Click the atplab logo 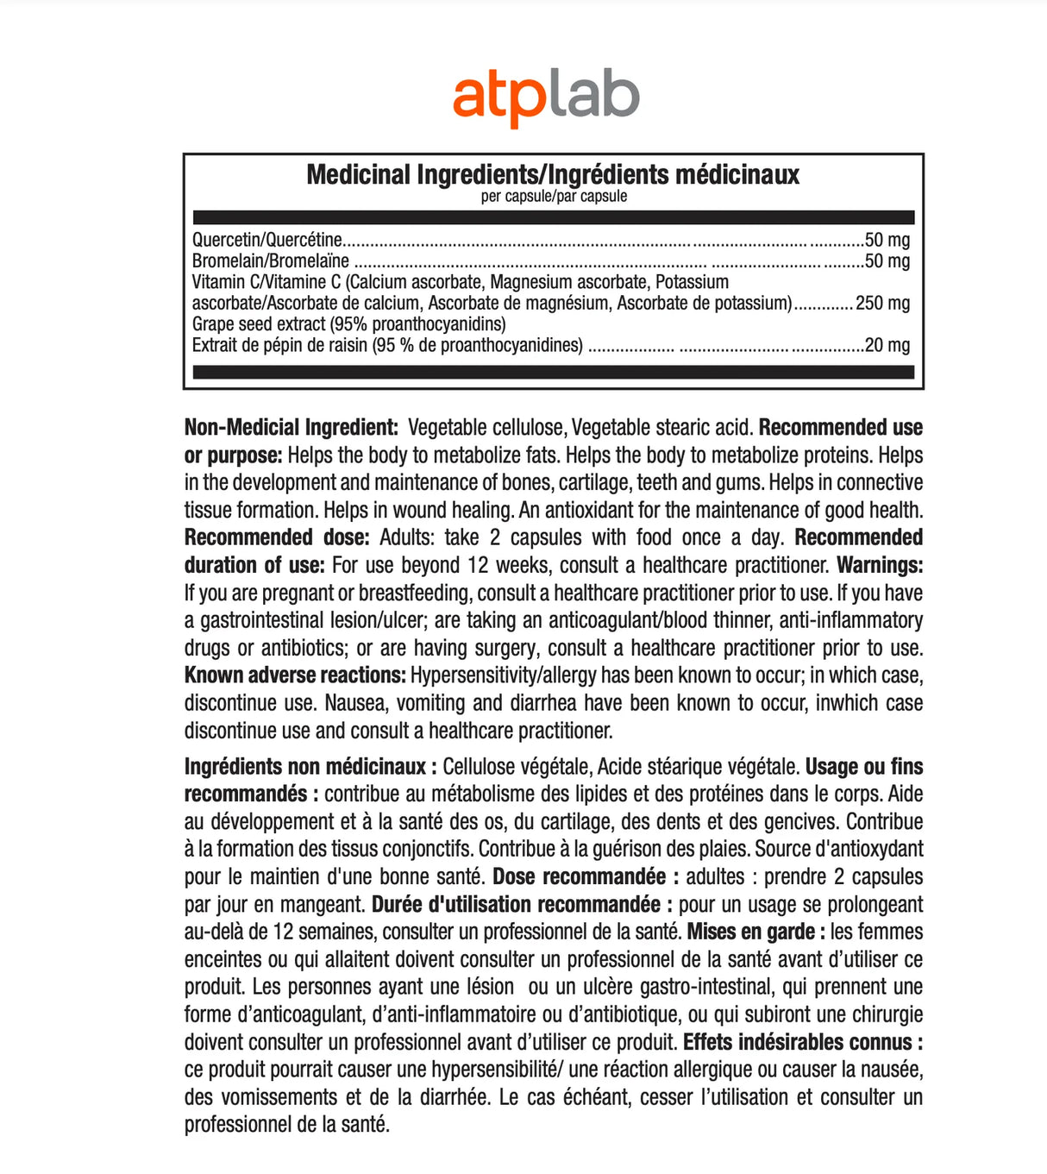click(545, 98)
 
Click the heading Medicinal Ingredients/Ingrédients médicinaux click(553, 174)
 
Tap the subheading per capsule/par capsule click(554, 197)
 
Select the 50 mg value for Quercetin click(887, 240)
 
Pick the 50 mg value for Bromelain click(887, 261)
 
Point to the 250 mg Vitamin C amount click(882, 303)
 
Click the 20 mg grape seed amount click(887, 345)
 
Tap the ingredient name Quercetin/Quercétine click(267, 240)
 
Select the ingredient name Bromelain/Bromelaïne click(271, 261)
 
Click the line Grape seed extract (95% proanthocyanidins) click(348, 324)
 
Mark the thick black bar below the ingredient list click(553, 372)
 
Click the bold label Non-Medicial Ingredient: click(292, 428)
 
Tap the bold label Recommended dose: click(277, 537)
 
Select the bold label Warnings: click(880, 565)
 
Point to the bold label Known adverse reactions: click(295, 675)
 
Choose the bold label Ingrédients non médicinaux click(305, 767)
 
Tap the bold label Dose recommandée click(579, 877)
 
